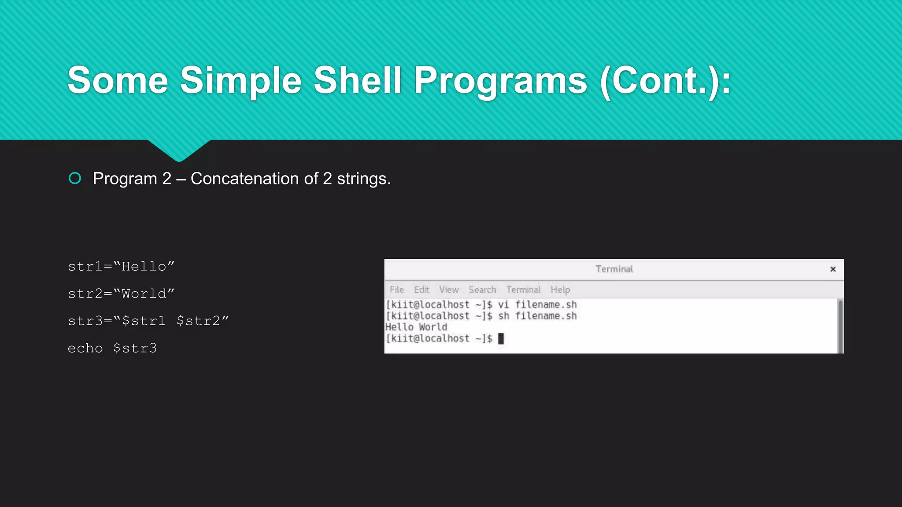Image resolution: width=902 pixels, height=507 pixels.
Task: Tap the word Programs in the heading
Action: click(500, 81)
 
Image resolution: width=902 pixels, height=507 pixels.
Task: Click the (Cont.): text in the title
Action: click(665, 81)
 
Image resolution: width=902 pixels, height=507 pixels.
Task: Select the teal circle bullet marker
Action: click(75, 178)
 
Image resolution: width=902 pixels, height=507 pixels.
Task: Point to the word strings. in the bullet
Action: click(364, 179)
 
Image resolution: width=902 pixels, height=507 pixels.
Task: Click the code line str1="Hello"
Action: click(121, 266)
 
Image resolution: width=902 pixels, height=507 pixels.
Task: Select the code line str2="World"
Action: click(121, 294)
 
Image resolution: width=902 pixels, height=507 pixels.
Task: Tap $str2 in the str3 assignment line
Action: click(198, 321)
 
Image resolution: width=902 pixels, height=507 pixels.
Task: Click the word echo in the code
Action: click(85, 348)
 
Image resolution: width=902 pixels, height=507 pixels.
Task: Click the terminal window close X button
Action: click(832, 269)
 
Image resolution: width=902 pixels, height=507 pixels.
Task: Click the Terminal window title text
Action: click(614, 269)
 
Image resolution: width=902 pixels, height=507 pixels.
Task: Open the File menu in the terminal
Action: click(396, 290)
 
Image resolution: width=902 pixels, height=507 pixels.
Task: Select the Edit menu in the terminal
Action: click(421, 290)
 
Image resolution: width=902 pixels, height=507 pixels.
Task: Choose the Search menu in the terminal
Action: click(482, 290)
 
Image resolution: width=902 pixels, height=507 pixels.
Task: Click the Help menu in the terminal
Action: click(560, 290)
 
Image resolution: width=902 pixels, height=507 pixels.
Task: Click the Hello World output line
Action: click(416, 327)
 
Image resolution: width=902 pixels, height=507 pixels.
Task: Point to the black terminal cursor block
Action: click(501, 338)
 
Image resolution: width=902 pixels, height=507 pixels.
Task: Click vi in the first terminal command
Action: click(503, 305)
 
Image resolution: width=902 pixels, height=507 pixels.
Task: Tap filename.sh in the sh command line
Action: click(546, 316)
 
